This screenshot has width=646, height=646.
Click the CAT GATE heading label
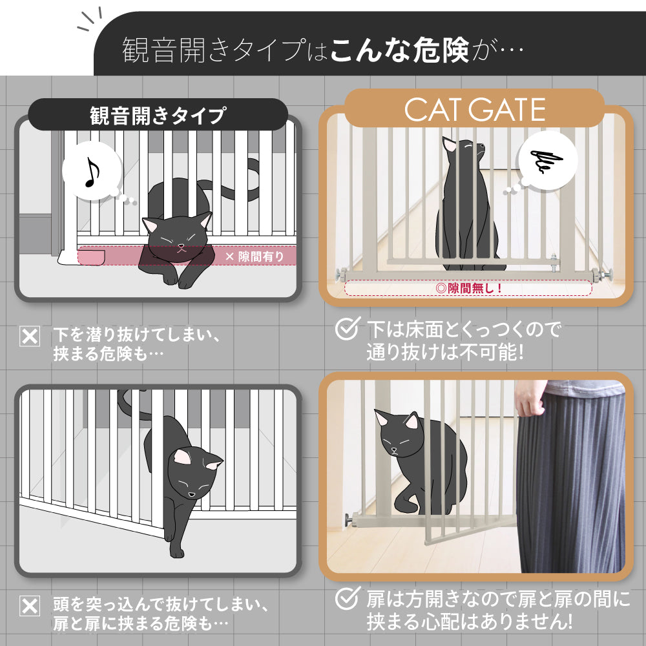[475, 110]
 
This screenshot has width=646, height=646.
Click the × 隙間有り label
[254, 256]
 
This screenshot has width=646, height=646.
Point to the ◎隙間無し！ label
[469, 289]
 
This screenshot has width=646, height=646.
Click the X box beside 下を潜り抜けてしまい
[30, 337]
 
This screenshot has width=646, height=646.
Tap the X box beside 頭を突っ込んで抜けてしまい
[30, 606]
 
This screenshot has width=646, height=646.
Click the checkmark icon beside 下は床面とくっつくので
[347, 329]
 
